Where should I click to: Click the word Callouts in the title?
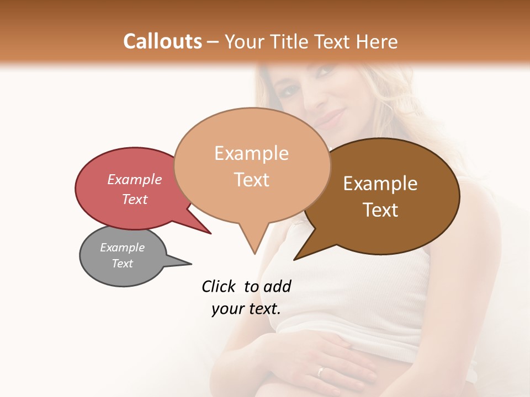click(162, 41)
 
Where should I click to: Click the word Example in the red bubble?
click(134, 180)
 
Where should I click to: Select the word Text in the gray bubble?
click(123, 264)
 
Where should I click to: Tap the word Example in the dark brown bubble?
click(380, 184)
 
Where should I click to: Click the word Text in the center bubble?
click(252, 180)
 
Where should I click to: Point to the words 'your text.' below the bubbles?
click(246, 309)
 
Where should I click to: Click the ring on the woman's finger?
click(320, 371)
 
